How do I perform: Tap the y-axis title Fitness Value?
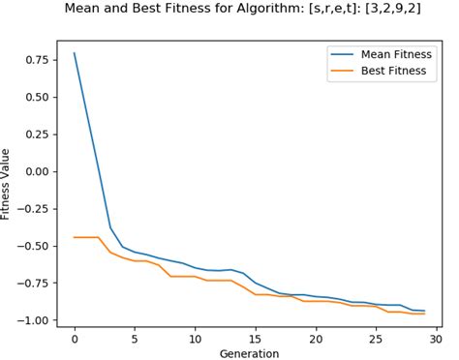pyautogui.click(x=8, y=185)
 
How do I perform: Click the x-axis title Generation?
pyautogui.click(x=250, y=353)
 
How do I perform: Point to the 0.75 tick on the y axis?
pyautogui.click(x=36, y=60)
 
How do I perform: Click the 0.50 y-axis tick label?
pyautogui.click(x=36, y=98)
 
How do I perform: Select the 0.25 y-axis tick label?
pyautogui.click(x=36, y=135)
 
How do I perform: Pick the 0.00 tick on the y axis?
pyautogui.click(x=36, y=171)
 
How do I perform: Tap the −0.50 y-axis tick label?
pyautogui.click(x=33, y=246)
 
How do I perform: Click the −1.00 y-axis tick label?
pyautogui.click(x=33, y=320)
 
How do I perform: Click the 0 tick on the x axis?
pyautogui.click(x=75, y=338)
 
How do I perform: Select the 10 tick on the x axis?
pyautogui.click(x=195, y=338)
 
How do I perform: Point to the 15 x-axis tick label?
pyautogui.click(x=256, y=338)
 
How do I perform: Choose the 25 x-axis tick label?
pyautogui.click(x=376, y=338)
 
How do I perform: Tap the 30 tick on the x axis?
pyautogui.click(x=436, y=338)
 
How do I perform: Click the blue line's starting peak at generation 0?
pyautogui.click(x=75, y=53)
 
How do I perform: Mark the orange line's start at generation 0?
pyautogui.click(x=75, y=237)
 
